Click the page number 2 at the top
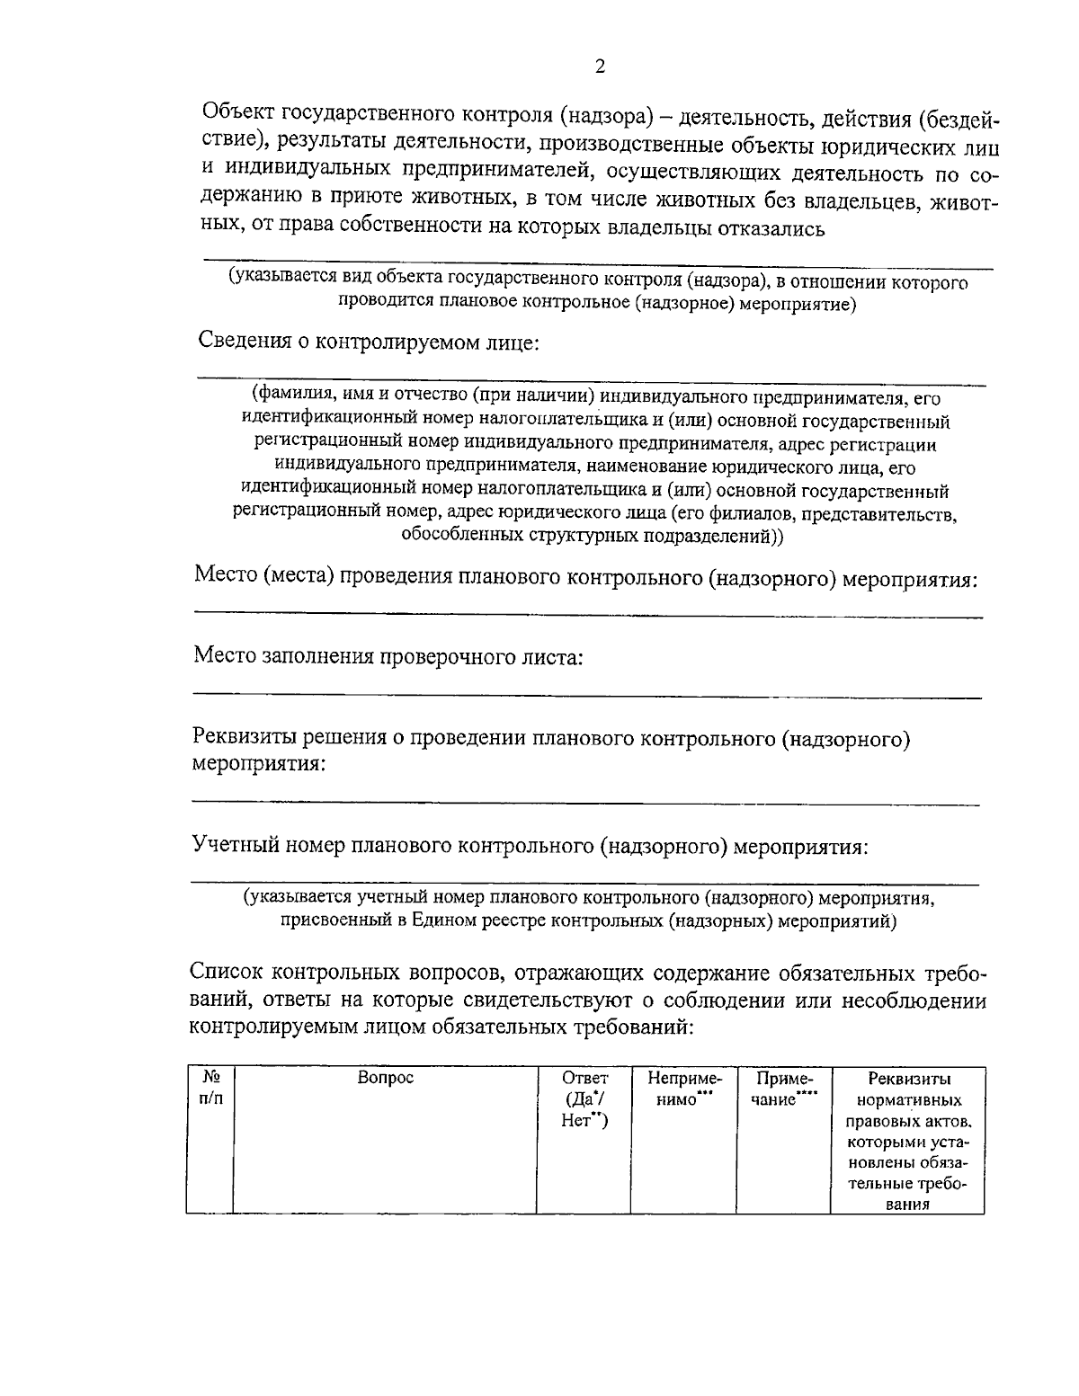click(600, 67)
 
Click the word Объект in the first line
click(238, 112)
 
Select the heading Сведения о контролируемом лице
click(368, 342)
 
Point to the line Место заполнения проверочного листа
click(388, 657)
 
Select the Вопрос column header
click(385, 1078)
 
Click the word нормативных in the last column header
click(909, 1100)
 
